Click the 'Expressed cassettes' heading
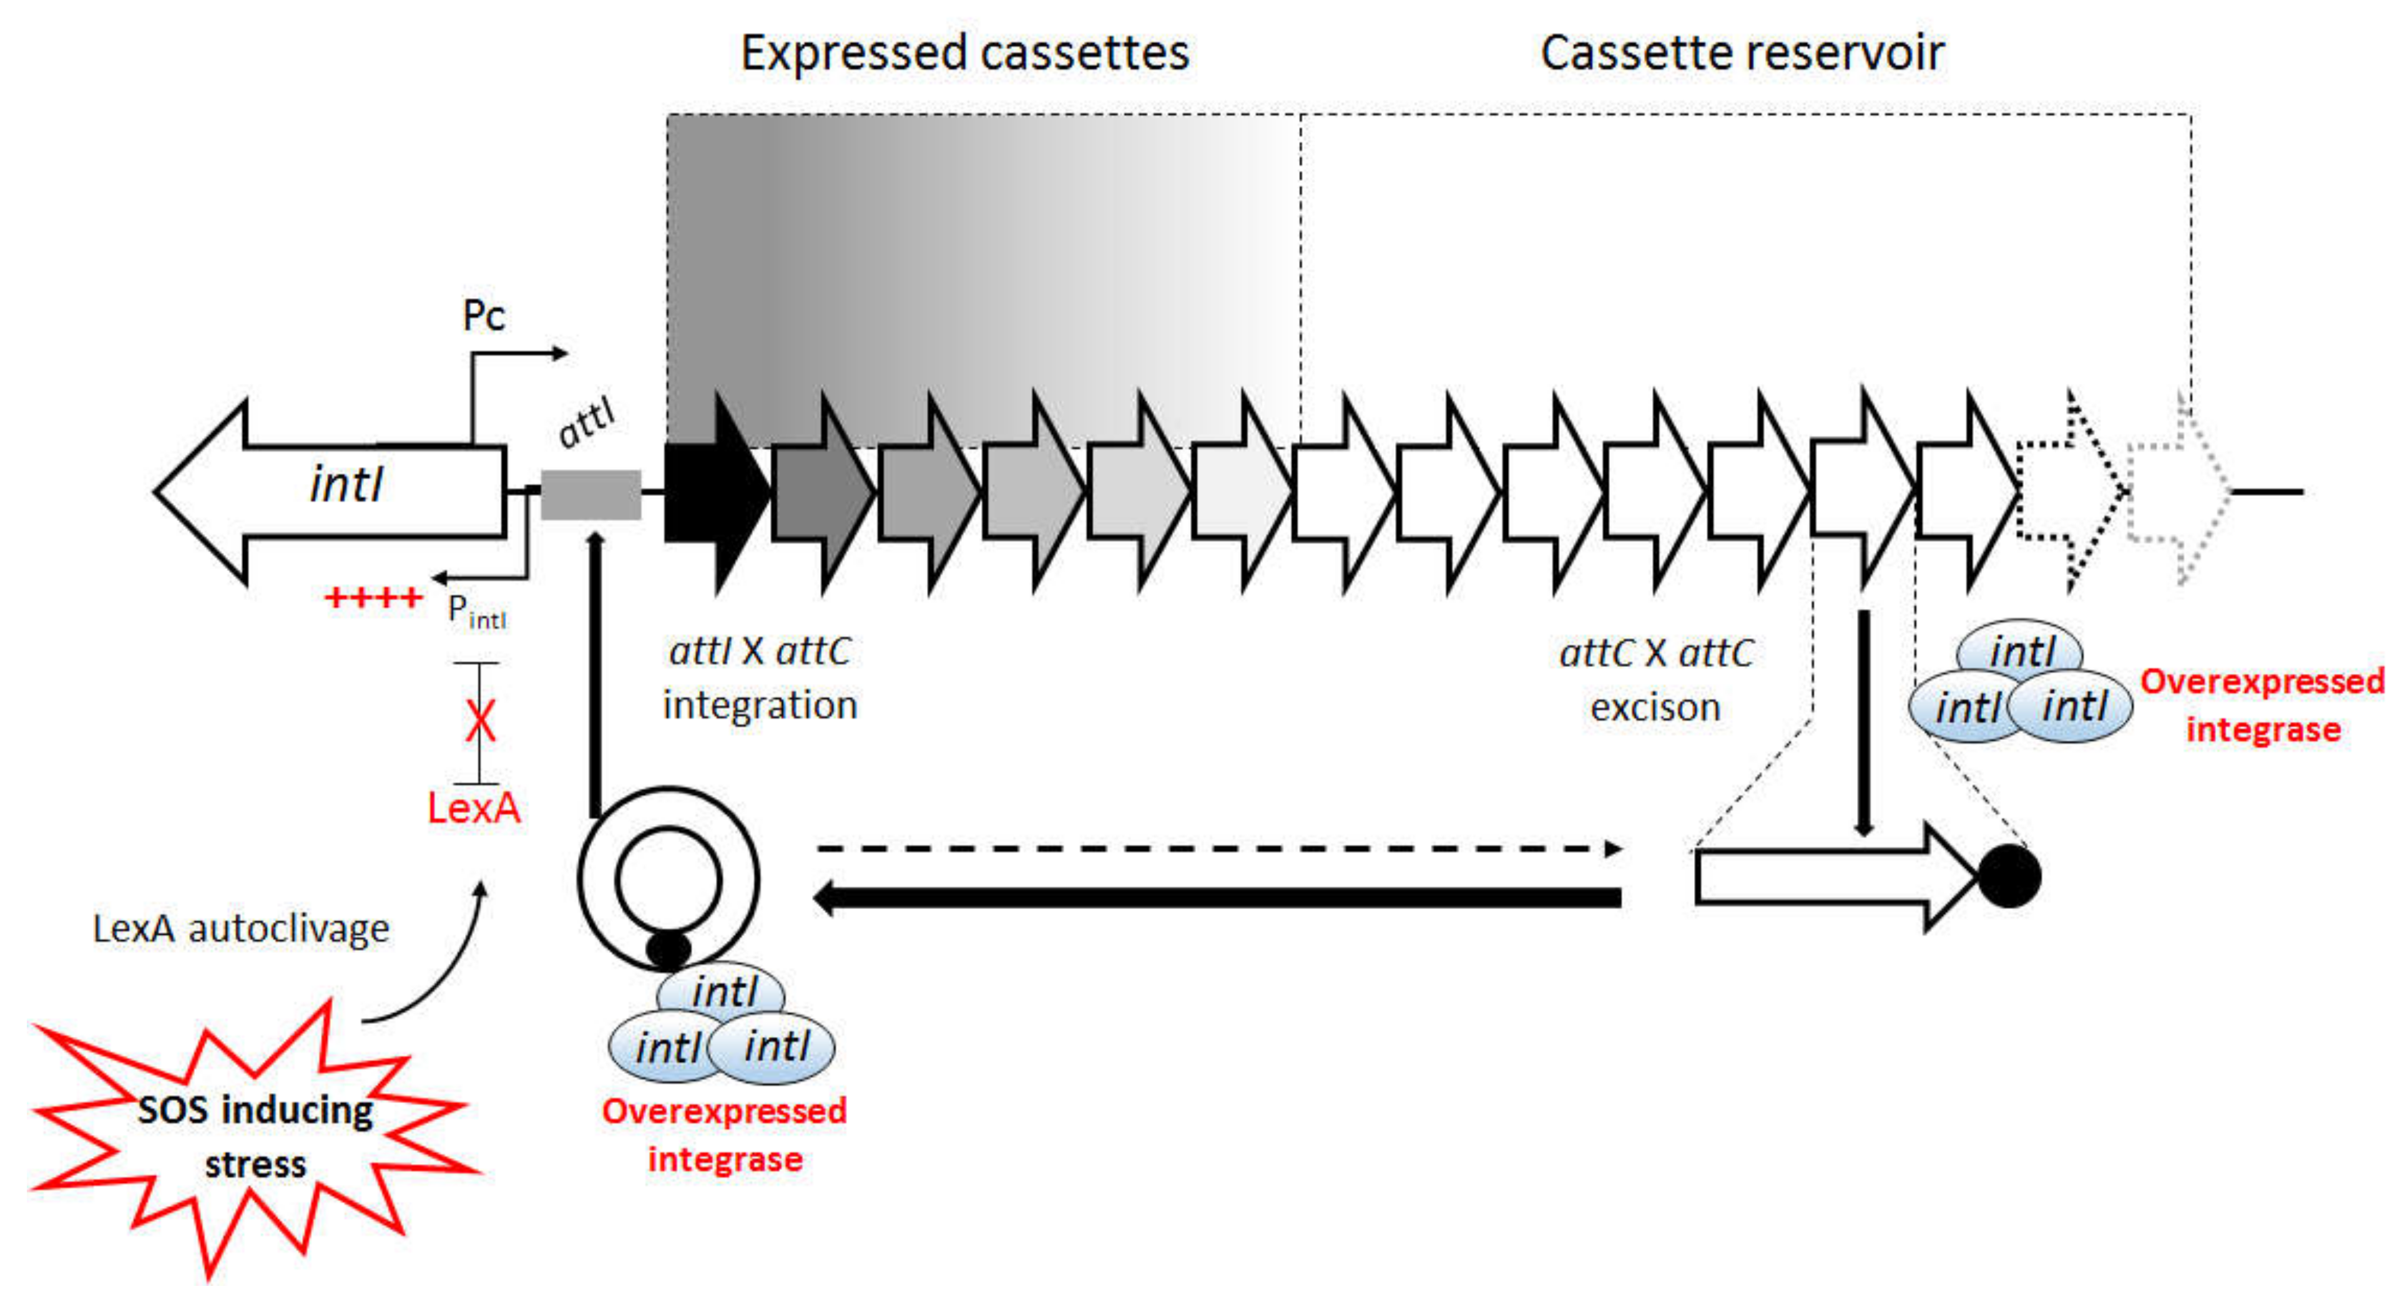click(x=965, y=52)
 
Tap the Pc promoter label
click(x=484, y=316)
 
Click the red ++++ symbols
click(x=374, y=597)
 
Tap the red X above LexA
click(x=480, y=721)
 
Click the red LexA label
click(x=474, y=808)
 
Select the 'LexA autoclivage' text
click(x=241, y=928)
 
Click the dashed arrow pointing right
click(x=1219, y=849)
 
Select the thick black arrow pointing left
click(x=1217, y=898)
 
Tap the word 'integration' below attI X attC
click(x=760, y=705)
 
